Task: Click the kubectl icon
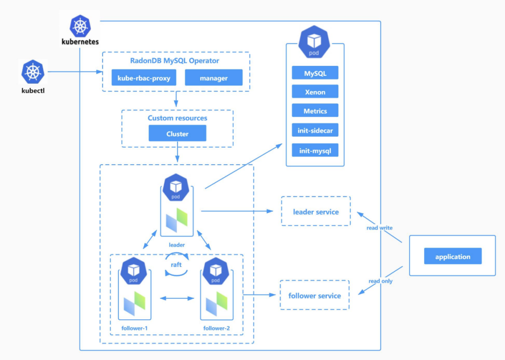(32, 72)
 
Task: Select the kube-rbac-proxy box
(144, 78)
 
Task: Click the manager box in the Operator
(214, 78)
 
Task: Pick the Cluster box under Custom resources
(177, 134)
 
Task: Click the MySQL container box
(315, 73)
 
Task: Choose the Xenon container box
(315, 92)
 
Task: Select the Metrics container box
(315, 111)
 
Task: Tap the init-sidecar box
(315, 130)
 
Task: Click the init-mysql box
(315, 151)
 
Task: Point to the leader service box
(316, 212)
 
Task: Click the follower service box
(315, 295)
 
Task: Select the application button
(453, 257)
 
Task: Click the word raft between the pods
(176, 264)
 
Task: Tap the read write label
(380, 228)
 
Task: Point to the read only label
(381, 281)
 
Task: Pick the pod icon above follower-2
(216, 271)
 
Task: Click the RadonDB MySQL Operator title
(175, 61)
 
